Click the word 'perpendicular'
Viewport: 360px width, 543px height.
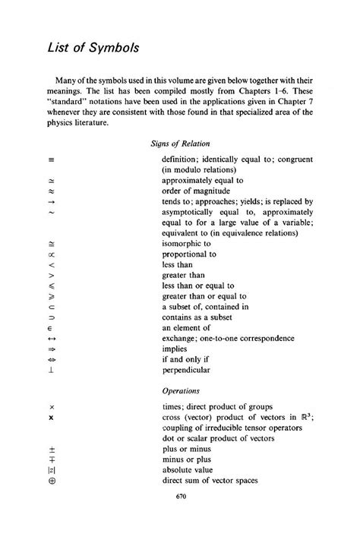click(186, 371)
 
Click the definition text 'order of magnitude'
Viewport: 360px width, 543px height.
click(194, 193)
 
